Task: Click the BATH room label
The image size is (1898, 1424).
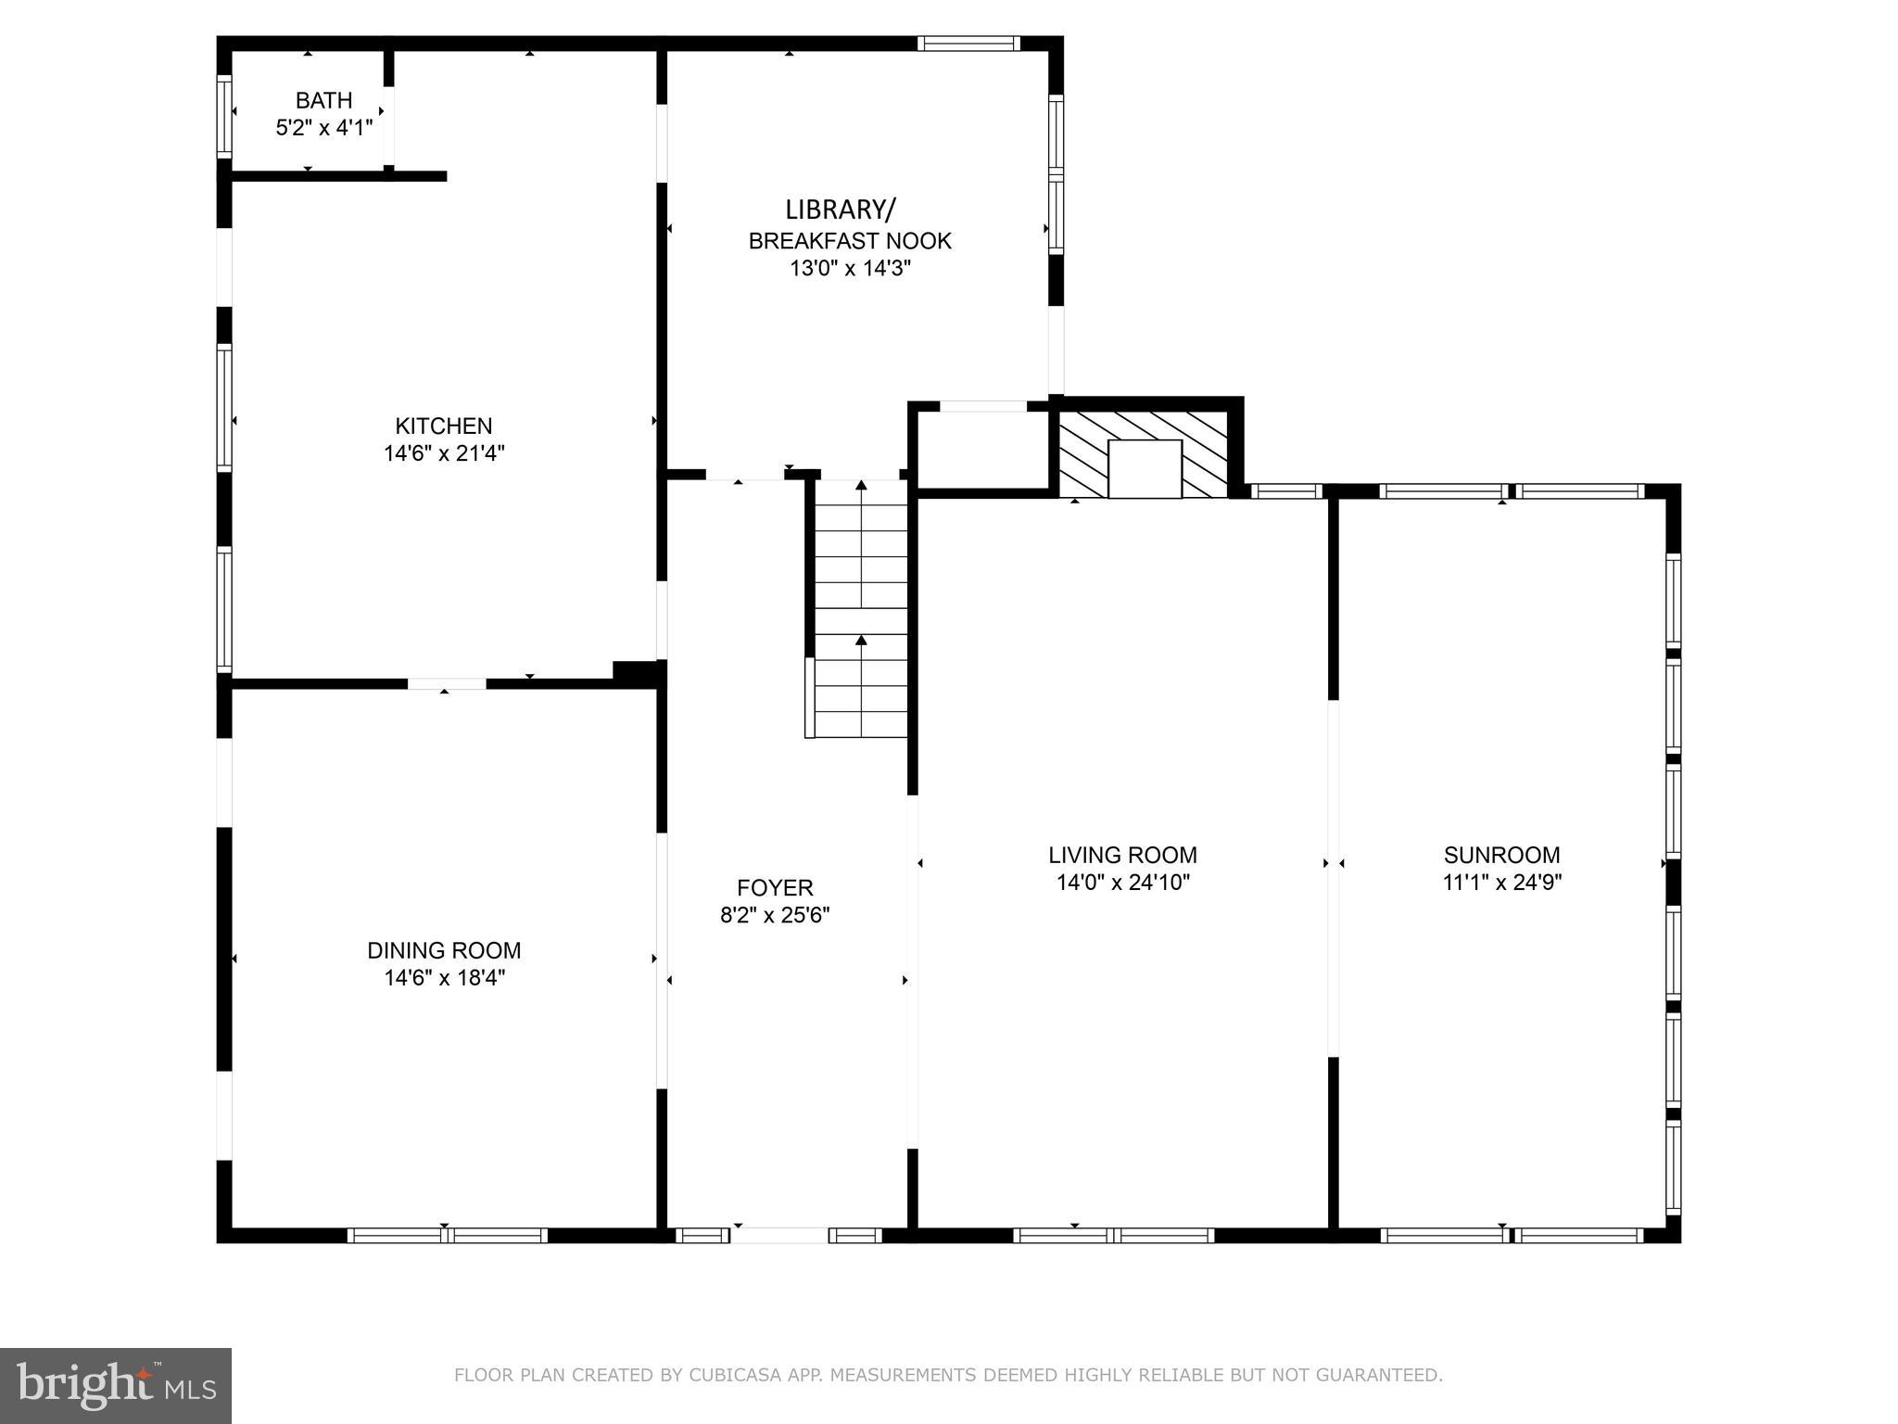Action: (x=324, y=100)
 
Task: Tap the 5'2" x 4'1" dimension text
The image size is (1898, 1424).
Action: (x=324, y=128)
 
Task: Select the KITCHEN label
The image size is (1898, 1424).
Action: (x=444, y=426)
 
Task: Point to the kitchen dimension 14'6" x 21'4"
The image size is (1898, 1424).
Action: (x=444, y=453)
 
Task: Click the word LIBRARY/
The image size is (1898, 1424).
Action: (x=841, y=210)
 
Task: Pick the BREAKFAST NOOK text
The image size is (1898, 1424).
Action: (x=850, y=241)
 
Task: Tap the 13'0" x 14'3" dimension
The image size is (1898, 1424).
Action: (x=850, y=269)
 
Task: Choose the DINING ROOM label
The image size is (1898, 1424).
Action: (x=444, y=950)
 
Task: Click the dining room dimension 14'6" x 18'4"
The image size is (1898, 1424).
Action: (x=444, y=978)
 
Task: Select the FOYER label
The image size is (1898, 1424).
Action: (x=775, y=888)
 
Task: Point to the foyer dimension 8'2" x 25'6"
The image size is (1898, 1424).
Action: (x=775, y=916)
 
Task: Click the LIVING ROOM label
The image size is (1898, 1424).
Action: (x=1122, y=855)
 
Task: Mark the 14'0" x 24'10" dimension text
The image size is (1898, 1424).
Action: (x=1122, y=883)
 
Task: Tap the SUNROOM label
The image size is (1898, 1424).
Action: (x=1501, y=855)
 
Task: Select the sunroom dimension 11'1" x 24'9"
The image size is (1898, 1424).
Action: (x=1501, y=883)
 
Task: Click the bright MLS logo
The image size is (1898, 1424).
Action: (x=116, y=1386)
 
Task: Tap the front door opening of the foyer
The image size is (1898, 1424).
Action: (x=779, y=1235)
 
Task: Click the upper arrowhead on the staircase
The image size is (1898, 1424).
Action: (x=861, y=485)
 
